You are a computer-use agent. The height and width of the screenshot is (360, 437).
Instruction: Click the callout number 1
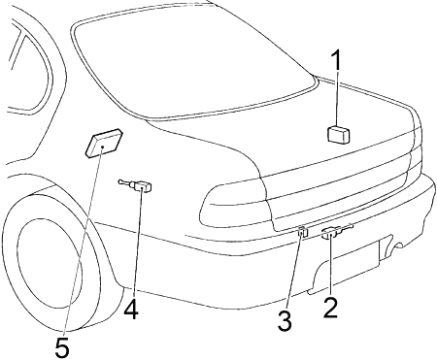(x=337, y=60)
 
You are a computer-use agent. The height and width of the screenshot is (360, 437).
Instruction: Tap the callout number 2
(x=330, y=308)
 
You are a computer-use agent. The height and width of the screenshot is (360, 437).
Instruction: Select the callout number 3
(x=285, y=320)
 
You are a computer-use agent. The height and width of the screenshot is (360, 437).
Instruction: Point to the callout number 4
(x=131, y=310)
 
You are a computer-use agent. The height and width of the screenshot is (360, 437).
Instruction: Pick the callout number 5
(x=62, y=346)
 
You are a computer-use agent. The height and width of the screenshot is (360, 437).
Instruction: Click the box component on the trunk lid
(x=339, y=134)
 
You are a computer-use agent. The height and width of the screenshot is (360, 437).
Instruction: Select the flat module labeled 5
(x=104, y=143)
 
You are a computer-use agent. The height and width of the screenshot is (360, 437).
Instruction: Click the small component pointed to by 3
(x=302, y=231)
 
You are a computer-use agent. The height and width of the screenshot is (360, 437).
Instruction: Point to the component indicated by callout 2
(x=337, y=231)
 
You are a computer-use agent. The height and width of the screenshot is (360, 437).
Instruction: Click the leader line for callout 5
(x=83, y=242)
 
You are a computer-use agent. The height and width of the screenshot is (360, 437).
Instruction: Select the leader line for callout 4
(x=137, y=244)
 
